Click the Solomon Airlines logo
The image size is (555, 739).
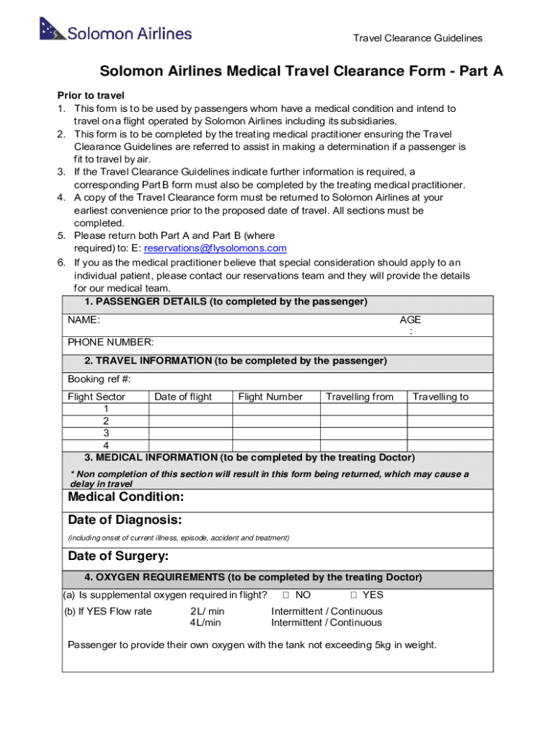pyautogui.click(x=116, y=32)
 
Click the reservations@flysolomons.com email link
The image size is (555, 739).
pyautogui.click(x=216, y=248)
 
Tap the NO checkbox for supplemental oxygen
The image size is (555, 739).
pyautogui.click(x=285, y=595)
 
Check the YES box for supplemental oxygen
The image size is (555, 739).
pyautogui.click(x=354, y=595)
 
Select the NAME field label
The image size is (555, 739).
pyautogui.click(x=84, y=320)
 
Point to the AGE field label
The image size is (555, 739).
pyautogui.click(x=411, y=320)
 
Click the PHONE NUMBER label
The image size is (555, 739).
pyautogui.click(x=110, y=343)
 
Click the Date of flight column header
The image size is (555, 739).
pyautogui.click(x=183, y=397)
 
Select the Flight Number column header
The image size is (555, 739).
pyautogui.click(x=270, y=397)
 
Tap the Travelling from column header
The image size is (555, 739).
pyautogui.click(x=360, y=397)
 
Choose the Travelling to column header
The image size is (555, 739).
pyautogui.click(x=440, y=397)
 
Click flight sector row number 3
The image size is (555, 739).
pyautogui.click(x=106, y=433)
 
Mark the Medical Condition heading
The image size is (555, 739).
pyautogui.click(x=125, y=497)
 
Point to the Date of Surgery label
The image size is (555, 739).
pyautogui.click(x=118, y=556)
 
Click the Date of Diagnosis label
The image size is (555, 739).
pyautogui.click(x=125, y=520)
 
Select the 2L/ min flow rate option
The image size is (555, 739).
pyautogui.click(x=207, y=612)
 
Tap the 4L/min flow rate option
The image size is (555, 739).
pyautogui.click(x=205, y=623)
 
